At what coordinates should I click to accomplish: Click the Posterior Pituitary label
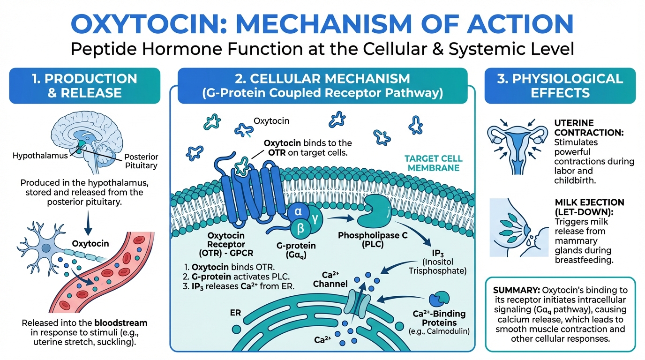point(142,161)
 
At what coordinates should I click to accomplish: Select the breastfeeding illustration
point(518,227)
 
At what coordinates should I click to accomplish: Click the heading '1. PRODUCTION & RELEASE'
point(85,85)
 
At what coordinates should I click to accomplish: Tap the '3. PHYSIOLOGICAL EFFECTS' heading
point(560,85)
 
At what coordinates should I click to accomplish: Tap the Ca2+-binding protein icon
point(440,298)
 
